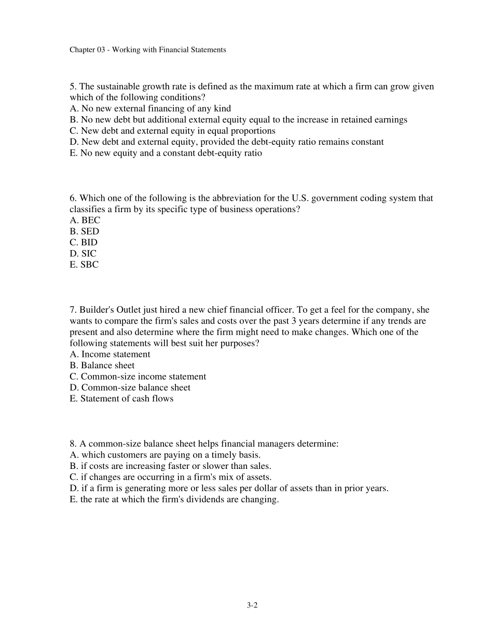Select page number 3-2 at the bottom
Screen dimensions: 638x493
coord(252,605)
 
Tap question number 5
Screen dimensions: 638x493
coord(73,87)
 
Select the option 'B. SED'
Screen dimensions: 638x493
coord(84,231)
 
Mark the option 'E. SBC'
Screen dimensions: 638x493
coord(84,265)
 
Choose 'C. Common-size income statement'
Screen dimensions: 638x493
coord(138,377)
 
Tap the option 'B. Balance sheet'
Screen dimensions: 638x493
coord(102,366)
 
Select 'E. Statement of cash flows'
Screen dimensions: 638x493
coord(121,399)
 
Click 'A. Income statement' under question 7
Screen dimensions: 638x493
coord(110,355)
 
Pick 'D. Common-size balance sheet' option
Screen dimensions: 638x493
coord(130,388)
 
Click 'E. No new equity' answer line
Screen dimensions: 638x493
coord(166,153)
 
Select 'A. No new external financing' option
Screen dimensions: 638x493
coord(150,108)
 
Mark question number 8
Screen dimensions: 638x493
coord(73,444)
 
